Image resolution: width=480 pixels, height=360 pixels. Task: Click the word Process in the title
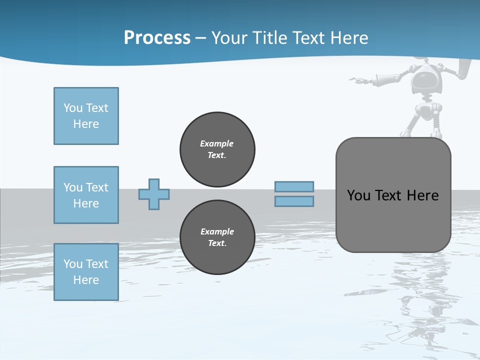coord(157,38)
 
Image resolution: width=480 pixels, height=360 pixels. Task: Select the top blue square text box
coord(86,116)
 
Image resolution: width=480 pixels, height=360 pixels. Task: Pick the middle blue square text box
coord(86,195)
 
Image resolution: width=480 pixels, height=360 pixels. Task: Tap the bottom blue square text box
coord(86,272)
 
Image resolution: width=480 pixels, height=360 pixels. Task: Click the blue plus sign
coord(154,194)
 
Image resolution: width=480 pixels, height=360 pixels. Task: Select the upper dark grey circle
coord(217,149)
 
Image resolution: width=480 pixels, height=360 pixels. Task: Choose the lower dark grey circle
coord(217,237)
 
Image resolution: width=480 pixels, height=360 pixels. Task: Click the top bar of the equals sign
coord(294,187)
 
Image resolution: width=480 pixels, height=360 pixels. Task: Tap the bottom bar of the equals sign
coord(294,201)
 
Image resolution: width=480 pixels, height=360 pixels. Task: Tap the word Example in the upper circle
coord(217,143)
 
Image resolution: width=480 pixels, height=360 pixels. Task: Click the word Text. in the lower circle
coord(217,243)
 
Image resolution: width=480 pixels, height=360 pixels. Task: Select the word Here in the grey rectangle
coord(422,195)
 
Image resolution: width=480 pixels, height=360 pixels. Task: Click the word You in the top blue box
coord(73,108)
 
